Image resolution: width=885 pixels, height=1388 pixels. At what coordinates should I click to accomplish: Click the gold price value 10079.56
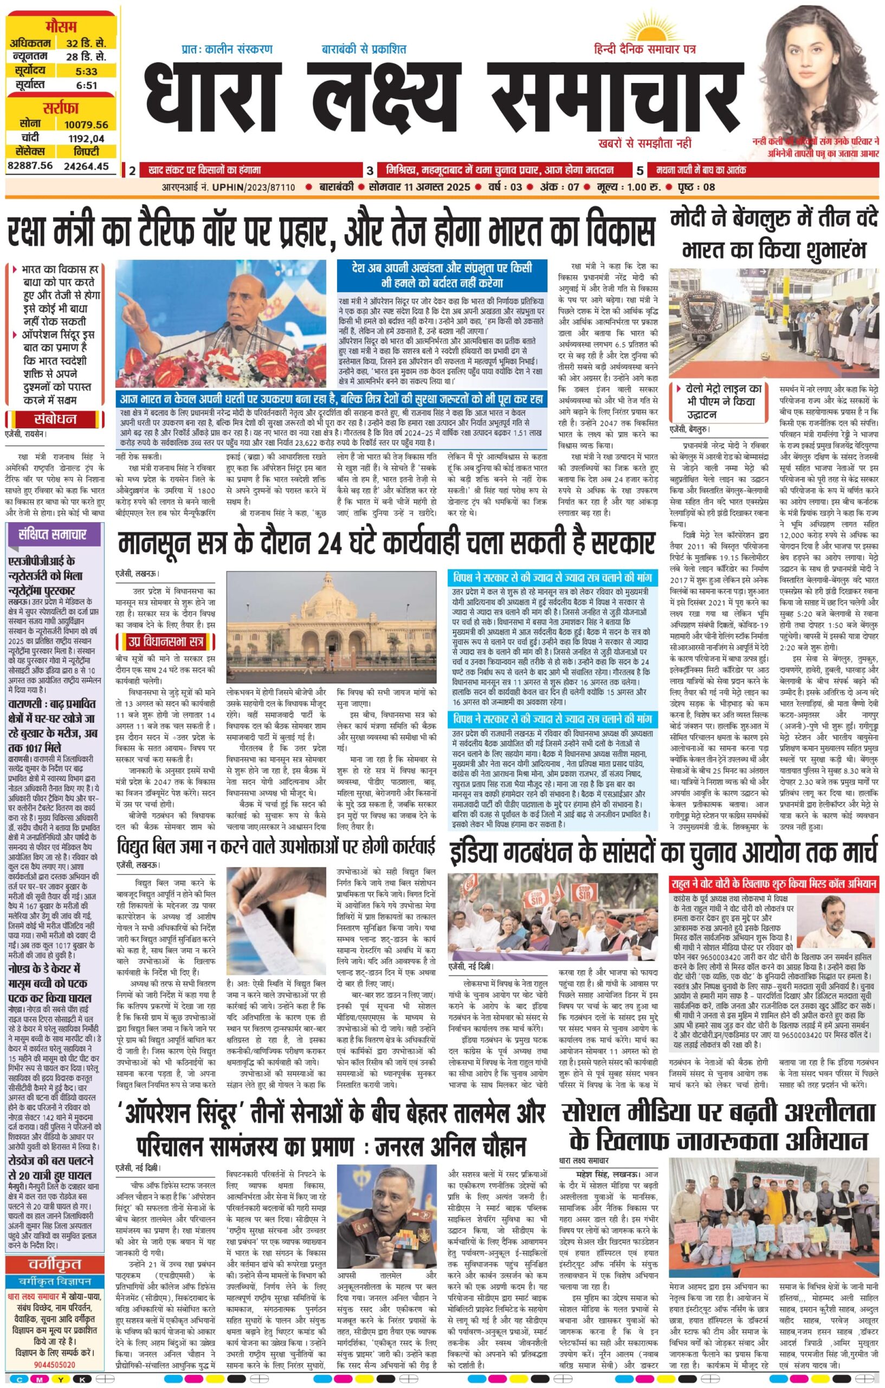point(86,124)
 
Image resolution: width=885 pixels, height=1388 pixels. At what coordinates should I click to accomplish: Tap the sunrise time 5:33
point(86,72)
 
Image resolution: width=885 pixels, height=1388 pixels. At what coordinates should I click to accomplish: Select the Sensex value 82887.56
point(30,165)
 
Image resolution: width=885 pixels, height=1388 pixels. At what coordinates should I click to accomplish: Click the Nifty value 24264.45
point(86,166)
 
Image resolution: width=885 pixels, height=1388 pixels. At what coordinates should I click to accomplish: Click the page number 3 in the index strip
point(369,171)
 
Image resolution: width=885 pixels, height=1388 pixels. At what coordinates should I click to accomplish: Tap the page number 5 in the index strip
point(640,171)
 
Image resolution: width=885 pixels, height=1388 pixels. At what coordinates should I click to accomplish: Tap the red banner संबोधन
point(55,419)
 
